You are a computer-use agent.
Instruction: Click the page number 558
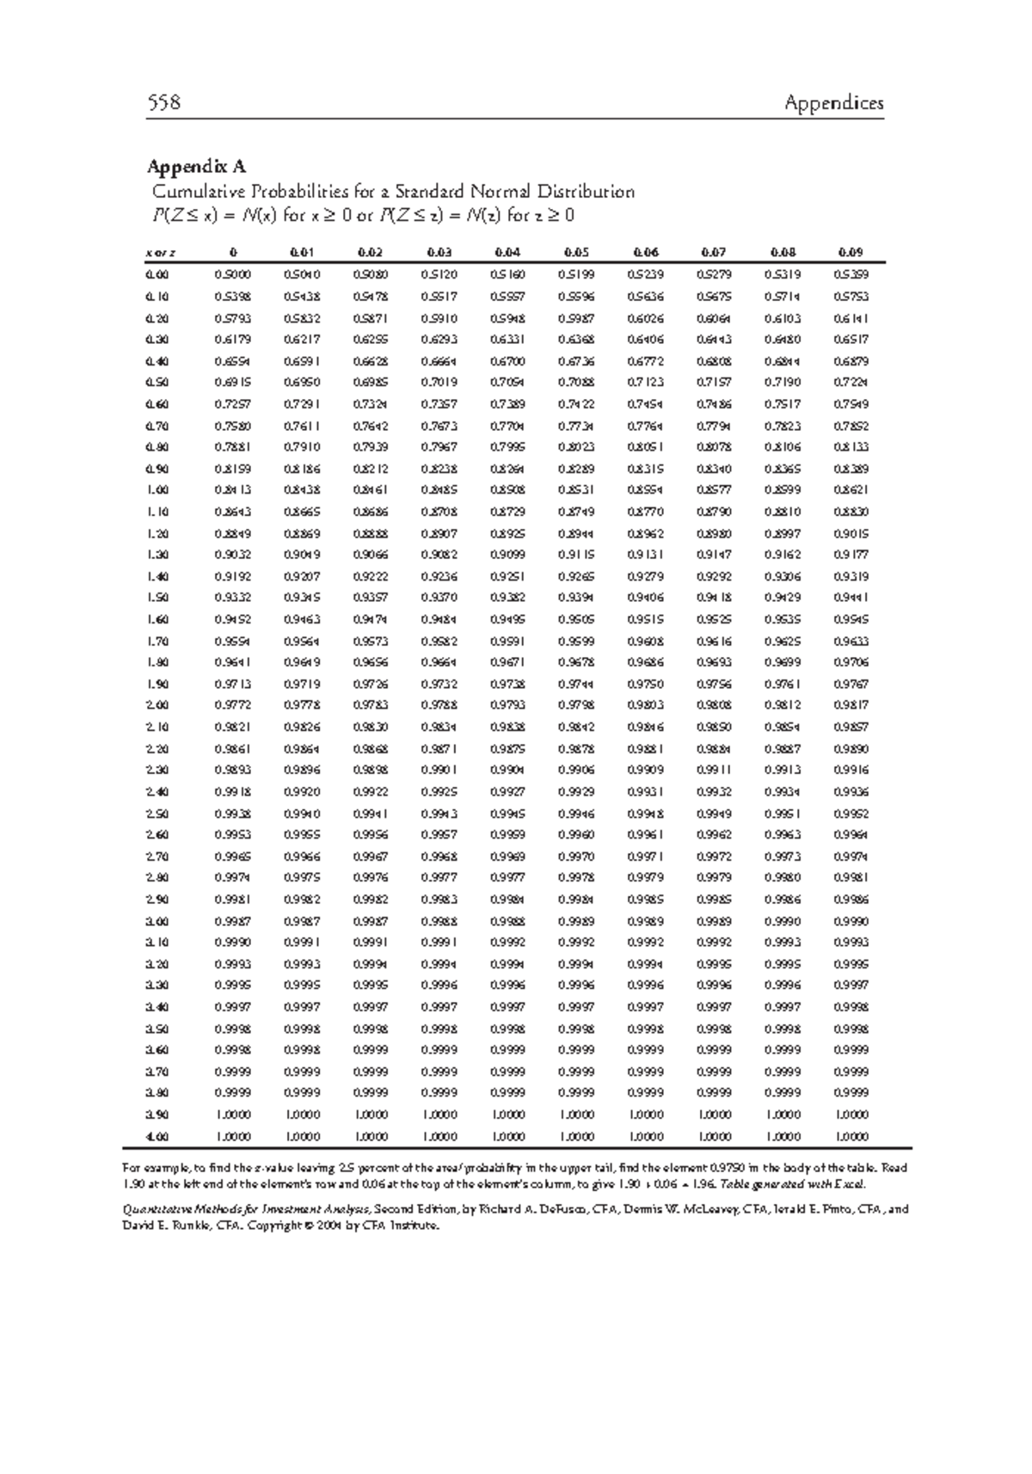163,103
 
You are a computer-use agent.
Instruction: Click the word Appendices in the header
833,103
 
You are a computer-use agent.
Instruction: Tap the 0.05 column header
575,253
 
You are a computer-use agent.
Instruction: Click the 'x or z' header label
160,253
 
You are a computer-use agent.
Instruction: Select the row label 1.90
158,685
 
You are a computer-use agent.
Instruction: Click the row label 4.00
158,1136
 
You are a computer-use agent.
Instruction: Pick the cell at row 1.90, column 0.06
645,685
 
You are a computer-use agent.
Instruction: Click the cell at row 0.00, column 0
232,275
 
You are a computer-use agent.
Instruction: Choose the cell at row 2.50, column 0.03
439,814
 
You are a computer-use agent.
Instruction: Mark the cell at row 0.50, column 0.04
507,383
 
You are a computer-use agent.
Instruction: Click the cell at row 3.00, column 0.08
783,921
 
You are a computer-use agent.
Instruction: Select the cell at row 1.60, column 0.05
575,619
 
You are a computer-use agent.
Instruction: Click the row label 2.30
158,771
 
